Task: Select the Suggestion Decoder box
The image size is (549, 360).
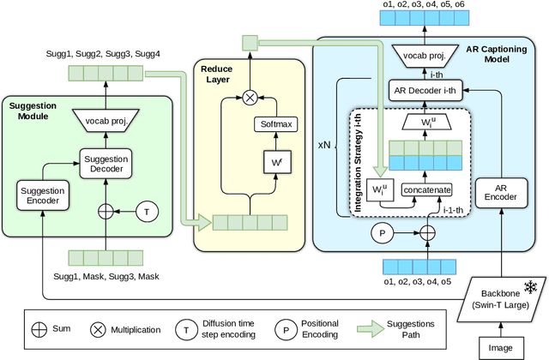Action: click(x=106, y=163)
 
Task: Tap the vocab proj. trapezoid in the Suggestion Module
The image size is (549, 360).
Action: click(x=106, y=120)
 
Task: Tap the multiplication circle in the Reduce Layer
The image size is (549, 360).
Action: click(x=250, y=97)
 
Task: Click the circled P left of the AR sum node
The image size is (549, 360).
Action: click(x=380, y=232)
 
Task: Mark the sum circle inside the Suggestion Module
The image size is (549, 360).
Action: click(x=106, y=210)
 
